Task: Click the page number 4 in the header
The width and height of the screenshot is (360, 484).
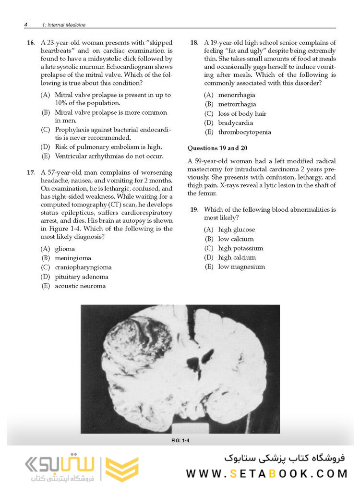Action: coord(25,24)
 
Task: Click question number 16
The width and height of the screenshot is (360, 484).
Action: coord(30,43)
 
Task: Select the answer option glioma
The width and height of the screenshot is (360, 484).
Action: coord(64,249)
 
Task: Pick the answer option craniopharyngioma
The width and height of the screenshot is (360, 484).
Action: coord(83,267)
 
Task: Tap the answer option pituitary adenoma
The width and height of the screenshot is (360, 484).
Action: coord(81,277)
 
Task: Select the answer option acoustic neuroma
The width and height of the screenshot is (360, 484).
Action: coord(80,286)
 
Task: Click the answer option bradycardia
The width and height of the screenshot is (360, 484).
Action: coord(236,123)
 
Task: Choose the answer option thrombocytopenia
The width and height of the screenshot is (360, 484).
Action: coord(244,132)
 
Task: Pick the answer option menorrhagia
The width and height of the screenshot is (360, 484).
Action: coord(237,95)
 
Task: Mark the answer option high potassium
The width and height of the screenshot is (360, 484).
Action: coord(240,248)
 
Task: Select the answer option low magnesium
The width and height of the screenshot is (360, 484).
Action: coord(241,267)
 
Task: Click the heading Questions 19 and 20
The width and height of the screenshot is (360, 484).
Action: coord(217,148)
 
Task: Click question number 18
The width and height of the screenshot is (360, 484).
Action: coord(194,43)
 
